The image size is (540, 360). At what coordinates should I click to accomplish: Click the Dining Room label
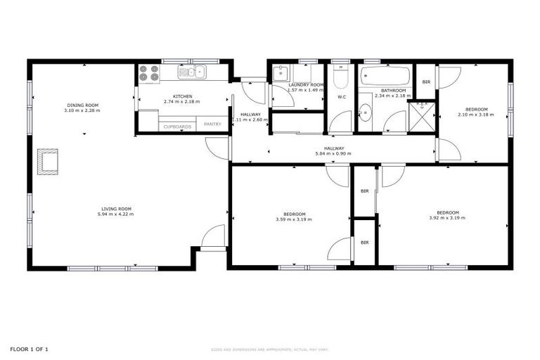coord(82,105)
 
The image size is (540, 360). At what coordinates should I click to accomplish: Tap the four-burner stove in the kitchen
coord(148,72)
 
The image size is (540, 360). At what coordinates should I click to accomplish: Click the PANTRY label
coord(212,125)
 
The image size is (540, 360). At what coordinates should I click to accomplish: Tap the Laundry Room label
coord(306,84)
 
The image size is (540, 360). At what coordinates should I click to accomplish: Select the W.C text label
coord(341,96)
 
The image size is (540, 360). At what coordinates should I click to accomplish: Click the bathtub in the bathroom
coord(385,75)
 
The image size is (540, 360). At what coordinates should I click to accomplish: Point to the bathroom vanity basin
coord(365,111)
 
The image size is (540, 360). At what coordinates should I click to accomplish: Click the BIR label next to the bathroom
coord(426,82)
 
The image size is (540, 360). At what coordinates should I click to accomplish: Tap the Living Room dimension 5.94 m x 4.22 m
coord(116,214)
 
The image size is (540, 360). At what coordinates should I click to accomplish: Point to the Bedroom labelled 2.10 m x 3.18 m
coord(472,114)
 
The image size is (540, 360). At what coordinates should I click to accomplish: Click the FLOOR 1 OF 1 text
coord(29,349)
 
